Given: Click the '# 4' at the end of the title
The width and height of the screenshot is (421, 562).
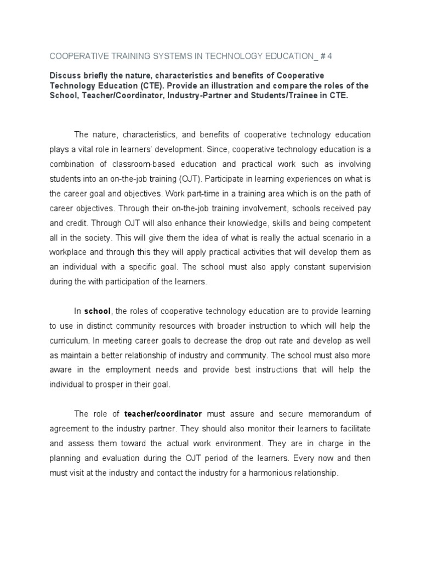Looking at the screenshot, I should pyautogui.click(x=340, y=56).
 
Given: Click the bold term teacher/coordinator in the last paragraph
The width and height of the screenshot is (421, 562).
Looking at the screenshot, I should pyautogui.click(x=163, y=413).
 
